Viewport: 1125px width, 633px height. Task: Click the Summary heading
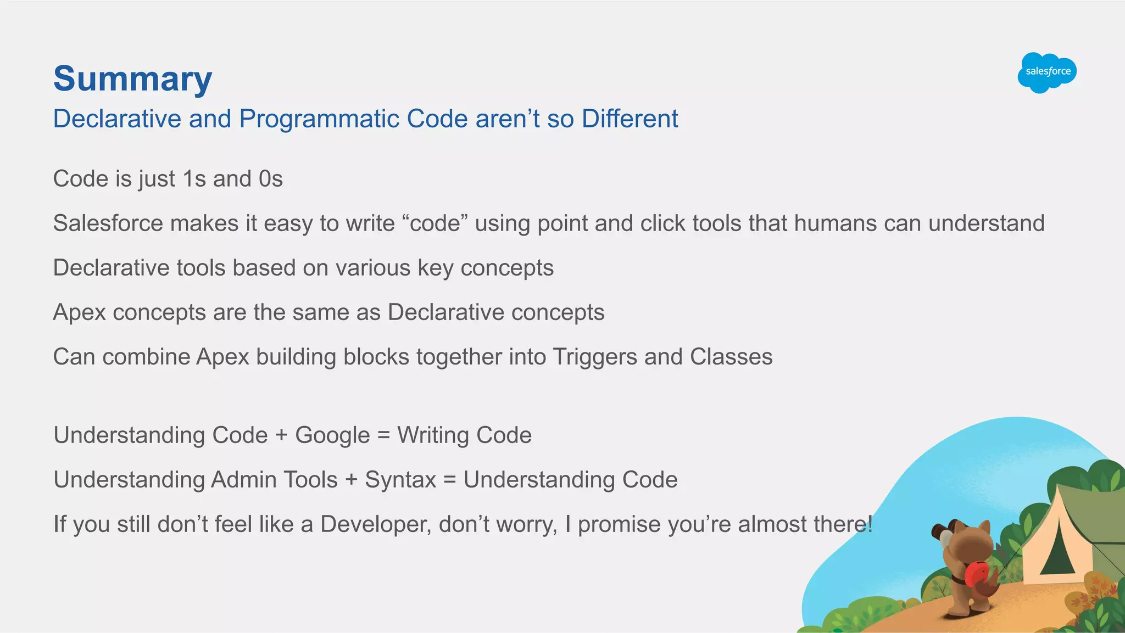coord(132,79)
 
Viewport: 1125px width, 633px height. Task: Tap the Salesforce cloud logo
coord(1047,72)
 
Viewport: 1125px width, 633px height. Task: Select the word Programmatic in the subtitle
coord(319,119)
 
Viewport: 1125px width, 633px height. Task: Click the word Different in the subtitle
coord(630,119)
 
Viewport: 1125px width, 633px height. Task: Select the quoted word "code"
coord(435,223)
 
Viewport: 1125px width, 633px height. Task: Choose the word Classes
coord(731,357)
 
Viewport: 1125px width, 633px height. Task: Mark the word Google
coord(332,435)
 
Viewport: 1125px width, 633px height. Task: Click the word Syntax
coord(400,480)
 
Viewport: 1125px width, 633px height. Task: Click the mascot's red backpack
coord(977,574)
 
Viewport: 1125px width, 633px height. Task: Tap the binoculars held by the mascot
coord(943,531)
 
